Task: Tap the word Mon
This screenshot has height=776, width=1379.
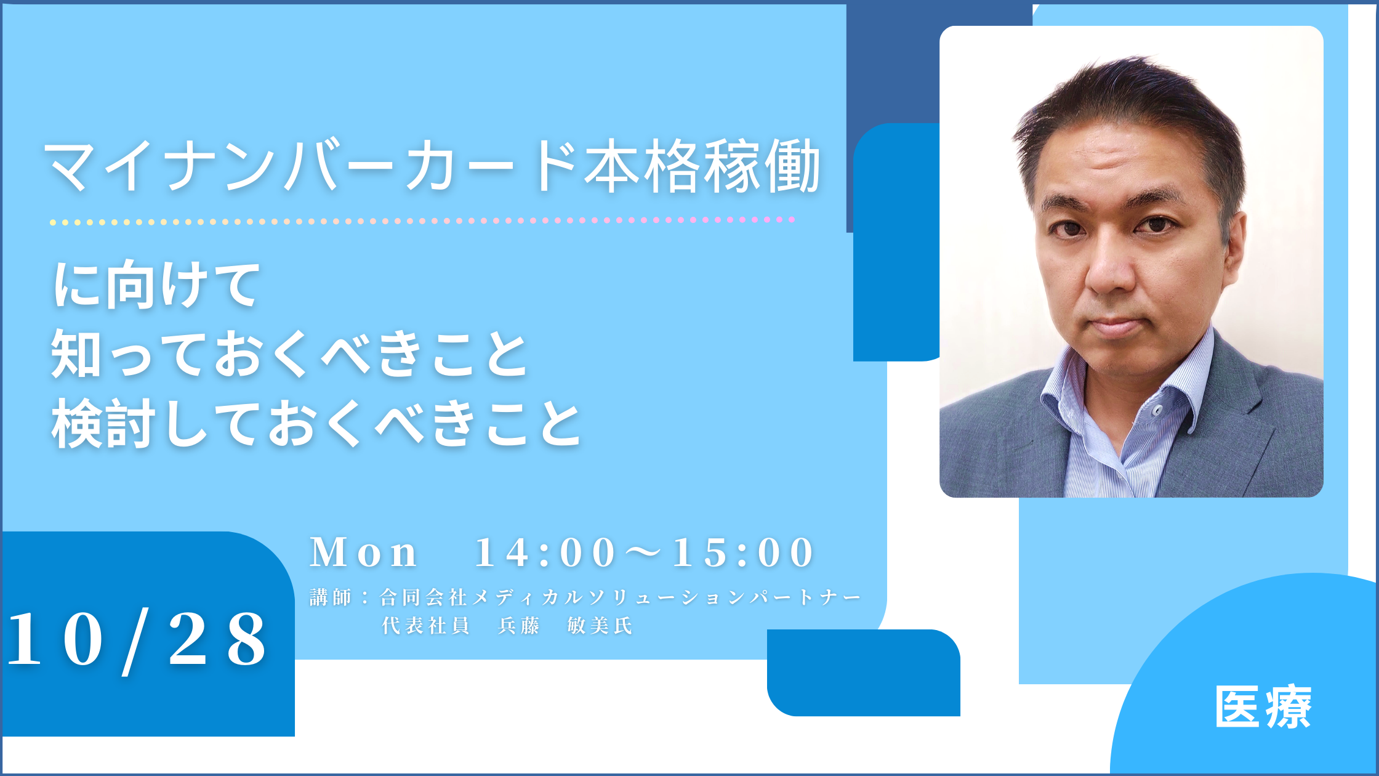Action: pyautogui.click(x=364, y=552)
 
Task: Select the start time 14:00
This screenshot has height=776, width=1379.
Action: pyautogui.click(x=545, y=552)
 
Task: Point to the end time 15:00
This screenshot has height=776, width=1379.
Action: pyautogui.click(x=743, y=552)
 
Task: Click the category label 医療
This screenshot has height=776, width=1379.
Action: pyautogui.click(x=1263, y=707)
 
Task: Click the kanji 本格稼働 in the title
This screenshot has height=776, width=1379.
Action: pyautogui.click(x=702, y=166)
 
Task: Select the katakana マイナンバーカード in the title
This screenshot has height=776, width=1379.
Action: pyautogui.click(x=311, y=166)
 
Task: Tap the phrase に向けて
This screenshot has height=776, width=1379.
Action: pyautogui.click(x=157, y=284)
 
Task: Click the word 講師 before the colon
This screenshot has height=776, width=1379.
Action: pyautogui.click(x=331, y=597)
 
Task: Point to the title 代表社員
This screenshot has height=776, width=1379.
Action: pyautogui.click(x=425, y=626)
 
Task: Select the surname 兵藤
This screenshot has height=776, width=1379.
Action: pyautogui.click(x=519, y=626)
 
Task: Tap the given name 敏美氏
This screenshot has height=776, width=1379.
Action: pyautogui.click(x=600, y=626)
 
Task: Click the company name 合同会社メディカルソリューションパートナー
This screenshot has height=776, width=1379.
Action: pyautogui.click(x=620, y=597)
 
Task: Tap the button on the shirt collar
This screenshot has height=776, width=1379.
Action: pyautogui.click(x=1157, y=410)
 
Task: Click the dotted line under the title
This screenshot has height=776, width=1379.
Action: pyautogui.click(x=422, y=220)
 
